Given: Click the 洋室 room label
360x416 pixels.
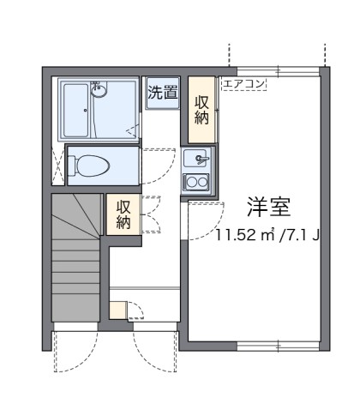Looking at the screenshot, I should (x=269, y=207).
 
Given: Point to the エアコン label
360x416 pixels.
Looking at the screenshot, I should (x=244, y=84).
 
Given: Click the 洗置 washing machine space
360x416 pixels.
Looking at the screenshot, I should (x=163, y=93).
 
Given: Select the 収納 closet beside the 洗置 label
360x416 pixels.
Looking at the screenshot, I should (x=201, y=110).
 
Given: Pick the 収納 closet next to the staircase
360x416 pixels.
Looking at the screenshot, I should (x=123, y=214).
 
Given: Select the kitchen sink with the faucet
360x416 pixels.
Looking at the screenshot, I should (x=196, y=159).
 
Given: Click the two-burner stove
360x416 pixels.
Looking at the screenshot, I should (x=196, y=182).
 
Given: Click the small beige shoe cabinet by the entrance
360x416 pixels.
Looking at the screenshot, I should (x=118, y=310).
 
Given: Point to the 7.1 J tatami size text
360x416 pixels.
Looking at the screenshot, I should (x=305, y=233).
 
